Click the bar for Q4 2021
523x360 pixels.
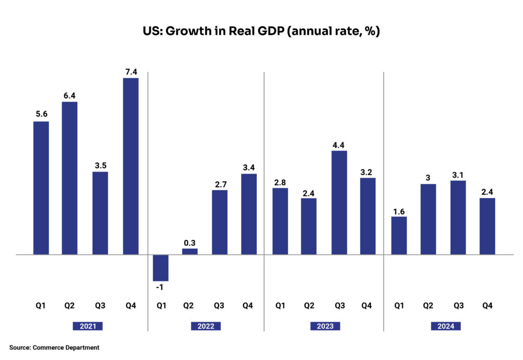click(131, 166)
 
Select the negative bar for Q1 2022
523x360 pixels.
click(161, 268)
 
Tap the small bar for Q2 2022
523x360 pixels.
click(190, 251)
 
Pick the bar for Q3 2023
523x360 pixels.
click(339, 202)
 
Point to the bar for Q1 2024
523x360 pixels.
click(399, 235)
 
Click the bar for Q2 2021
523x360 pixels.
click(70, 178)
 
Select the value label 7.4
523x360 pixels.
click(131, 71)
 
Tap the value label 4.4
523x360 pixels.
click(339, 145)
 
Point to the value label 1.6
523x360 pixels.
click(399, 210)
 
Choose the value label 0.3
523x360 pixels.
click(190, 243)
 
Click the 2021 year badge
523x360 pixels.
click(88, 326)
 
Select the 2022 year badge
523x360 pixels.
click(206, 326)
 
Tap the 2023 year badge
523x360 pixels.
click(325, 326)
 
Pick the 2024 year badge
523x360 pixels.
click(445, 326)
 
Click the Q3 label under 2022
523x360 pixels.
click(219, 306)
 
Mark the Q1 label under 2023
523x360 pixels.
click(280, 306)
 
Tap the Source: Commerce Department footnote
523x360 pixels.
click(54, 348)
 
